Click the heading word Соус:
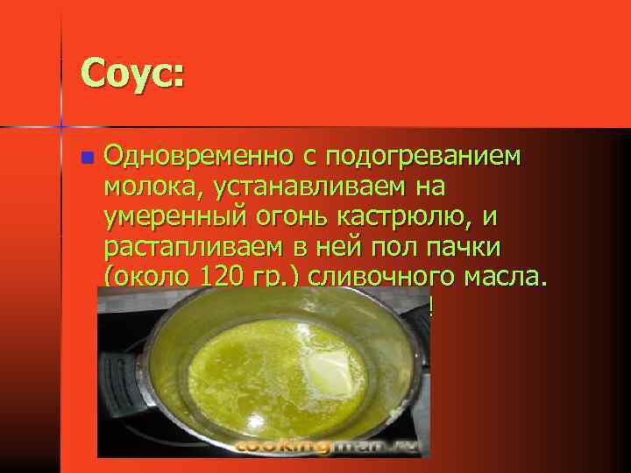point(131,72)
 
